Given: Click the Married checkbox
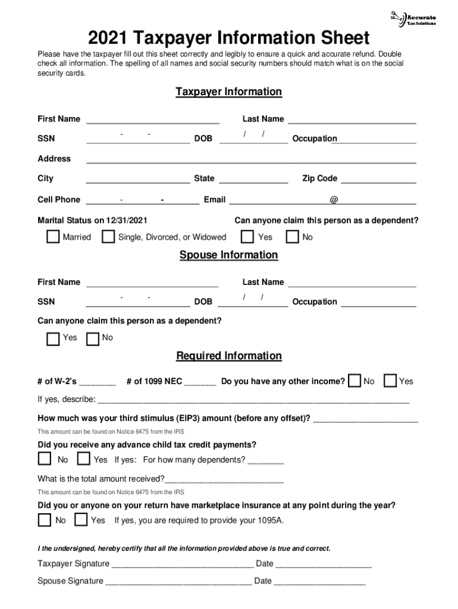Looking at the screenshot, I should [54, 237].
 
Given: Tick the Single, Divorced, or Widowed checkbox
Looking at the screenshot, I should [108, 237].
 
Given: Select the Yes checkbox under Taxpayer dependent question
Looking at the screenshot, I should [247, 237].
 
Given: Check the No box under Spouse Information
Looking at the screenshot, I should [93, 339].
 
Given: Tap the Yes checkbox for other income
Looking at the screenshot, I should [391, 381].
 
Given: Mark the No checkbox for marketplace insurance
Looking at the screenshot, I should [45, 520].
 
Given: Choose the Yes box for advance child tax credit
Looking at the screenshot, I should [83, 459].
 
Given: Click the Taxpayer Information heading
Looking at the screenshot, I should [228, 92].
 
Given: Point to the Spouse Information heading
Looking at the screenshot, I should [228, 255].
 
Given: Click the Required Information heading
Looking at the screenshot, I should [228, 356].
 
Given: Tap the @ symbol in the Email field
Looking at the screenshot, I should [334, 200].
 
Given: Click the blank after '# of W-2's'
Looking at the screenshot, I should [98, 384].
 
